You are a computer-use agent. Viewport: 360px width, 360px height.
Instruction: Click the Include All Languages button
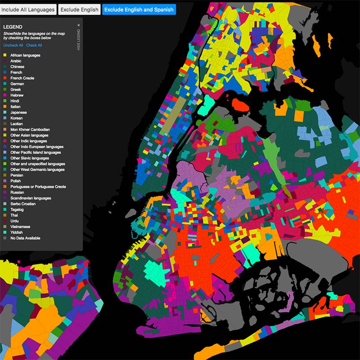(x=28, y=9)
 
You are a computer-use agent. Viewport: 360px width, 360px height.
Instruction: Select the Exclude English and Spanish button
(x=139, y=9)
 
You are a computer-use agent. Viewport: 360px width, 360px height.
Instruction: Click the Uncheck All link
(x=13, y=45)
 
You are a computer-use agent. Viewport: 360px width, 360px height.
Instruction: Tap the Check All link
(x=34, y=45)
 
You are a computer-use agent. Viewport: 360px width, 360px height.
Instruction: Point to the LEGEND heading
(x=13, y=27)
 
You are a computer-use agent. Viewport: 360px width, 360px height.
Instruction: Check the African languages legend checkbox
(x=5, y=55)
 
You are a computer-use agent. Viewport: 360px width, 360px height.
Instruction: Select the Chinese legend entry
(x=18, y=67)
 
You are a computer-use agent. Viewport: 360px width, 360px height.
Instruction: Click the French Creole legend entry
(x=22, y=78)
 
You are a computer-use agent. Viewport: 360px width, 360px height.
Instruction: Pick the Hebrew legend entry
(x=17, y=95)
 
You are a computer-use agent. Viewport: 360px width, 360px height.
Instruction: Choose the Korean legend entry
(x=17, y=118)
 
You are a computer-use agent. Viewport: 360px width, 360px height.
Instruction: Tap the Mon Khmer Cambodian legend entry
(x=30, y=130)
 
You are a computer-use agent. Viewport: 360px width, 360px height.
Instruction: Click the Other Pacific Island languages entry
(x=36, y=153)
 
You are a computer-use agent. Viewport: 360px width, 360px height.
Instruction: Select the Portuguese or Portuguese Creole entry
(x=38, y=187)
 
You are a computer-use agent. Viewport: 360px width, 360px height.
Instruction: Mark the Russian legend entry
(x=17, y=193)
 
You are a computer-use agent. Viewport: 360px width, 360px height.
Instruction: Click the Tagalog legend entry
(x=17, y=210)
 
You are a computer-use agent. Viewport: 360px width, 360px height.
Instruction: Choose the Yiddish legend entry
(x=17, y=232)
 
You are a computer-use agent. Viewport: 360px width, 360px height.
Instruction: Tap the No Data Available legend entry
(x=25, y=238)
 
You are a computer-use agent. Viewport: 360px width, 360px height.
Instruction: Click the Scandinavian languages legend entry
(x=31, y=198)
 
